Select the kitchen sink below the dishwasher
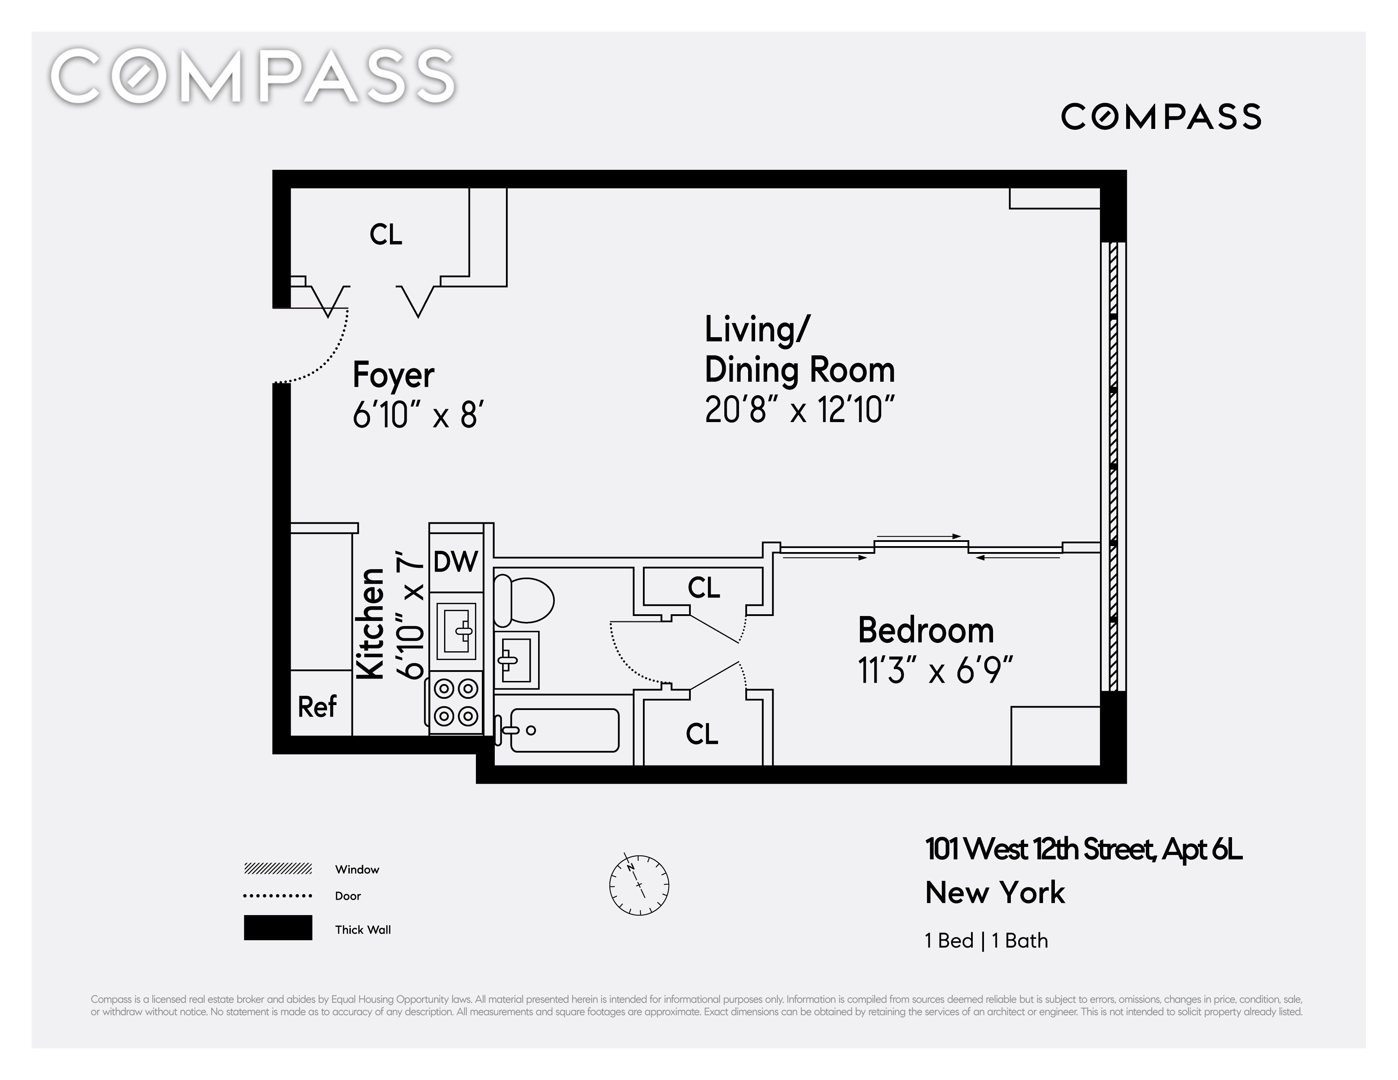point(456,631)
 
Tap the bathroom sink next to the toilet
point(516,659)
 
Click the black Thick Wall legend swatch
point(278,928)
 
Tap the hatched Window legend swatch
point(278,869)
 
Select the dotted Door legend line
point(278,896)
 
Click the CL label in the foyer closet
point(386,234)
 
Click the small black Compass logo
point(1161,116)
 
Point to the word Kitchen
point(370,624)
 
